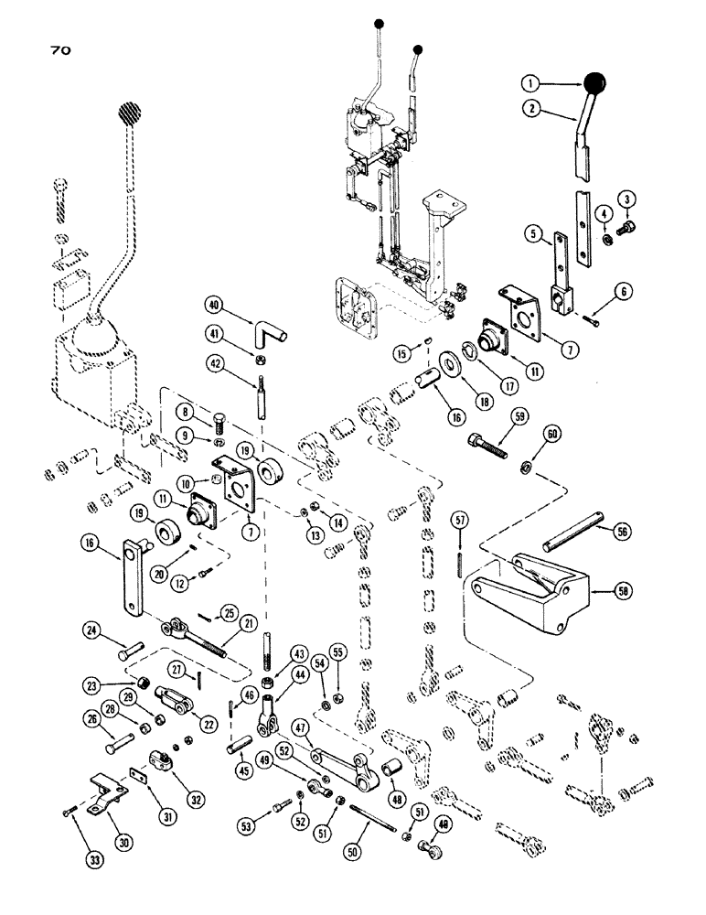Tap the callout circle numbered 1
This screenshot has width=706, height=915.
529,84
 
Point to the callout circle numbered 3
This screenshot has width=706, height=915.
627,199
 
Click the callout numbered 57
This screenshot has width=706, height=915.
457,521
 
